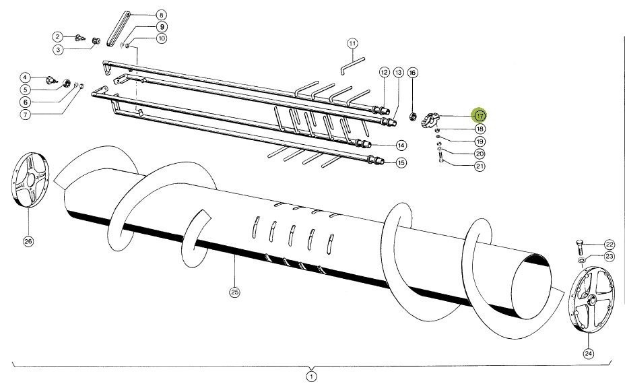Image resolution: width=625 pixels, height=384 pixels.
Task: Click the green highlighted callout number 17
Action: [479, 115]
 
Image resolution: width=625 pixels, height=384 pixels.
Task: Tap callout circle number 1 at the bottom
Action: [311, 376]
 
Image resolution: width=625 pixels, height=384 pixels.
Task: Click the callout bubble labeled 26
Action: [28, 241]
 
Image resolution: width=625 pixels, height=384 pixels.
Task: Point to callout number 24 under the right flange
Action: [588, 352]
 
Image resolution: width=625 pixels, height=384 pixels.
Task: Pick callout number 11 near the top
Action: [352, 44]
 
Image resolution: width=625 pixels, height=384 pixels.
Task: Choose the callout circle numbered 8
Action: [161, 14]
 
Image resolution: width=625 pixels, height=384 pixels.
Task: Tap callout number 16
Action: [413, 72]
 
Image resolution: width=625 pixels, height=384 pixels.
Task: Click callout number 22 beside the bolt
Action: [610, 244]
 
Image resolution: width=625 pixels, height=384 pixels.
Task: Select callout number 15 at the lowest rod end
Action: [401, 162]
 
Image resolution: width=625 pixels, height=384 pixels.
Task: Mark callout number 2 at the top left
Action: [59, 36]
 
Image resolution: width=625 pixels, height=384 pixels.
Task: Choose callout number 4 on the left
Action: [24, 77]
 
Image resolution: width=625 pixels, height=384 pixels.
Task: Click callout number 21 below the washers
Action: [480, 166]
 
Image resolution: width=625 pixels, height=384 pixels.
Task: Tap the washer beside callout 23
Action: [581, 259]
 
